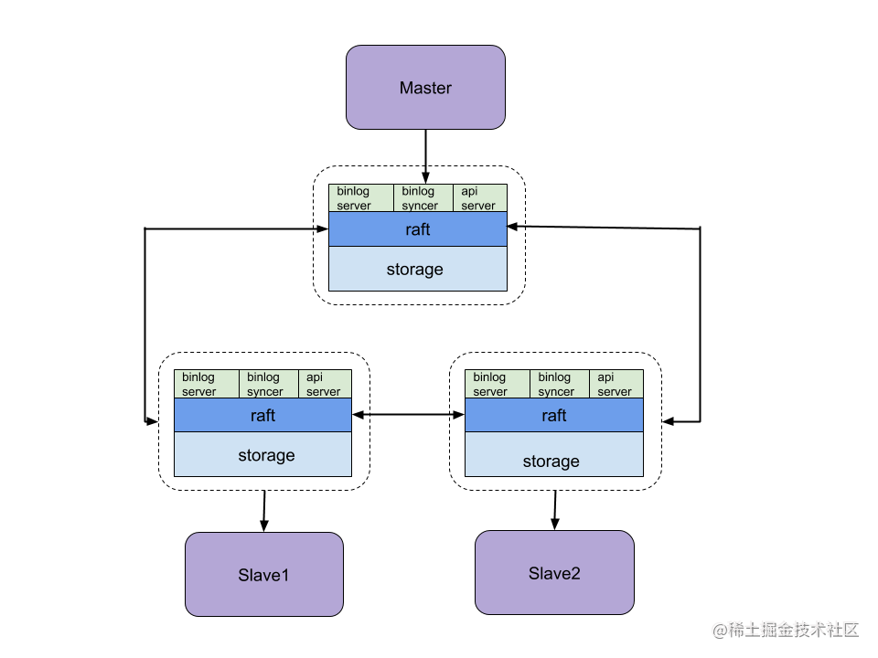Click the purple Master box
(x=425, y=88)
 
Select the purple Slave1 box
(x=263, y=575)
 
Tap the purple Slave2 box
(x=554, y=573)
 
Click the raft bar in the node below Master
(x=417, y=229)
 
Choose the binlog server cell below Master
(x=360, y=198)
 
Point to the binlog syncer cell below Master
(x=423, y=198)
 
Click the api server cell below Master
(x=479, y=198)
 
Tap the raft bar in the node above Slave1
(x=262, y=415)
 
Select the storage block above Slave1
(x=262, y=454)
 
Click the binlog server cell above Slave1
(x=206, y=384)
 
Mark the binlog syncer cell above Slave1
(x=268, y=384)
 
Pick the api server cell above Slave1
(x=325, y=384)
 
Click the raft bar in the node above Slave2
(x=553, y=415)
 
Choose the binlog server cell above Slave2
(x=497, y=384)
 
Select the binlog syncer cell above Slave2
(x=559, y=384)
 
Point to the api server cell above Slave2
(x=616, y=384)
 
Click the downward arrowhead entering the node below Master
(x=425, y=177)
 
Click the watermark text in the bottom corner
(x=784, y=629)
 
